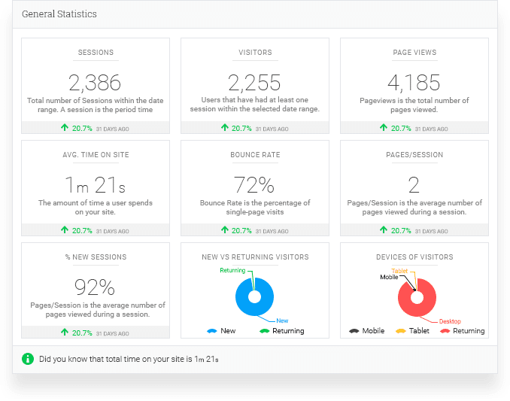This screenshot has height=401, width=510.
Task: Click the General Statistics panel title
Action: pyautogui.click(x=59, y=14)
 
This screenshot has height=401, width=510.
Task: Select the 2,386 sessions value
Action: pyautogui.click(x=95, y=82)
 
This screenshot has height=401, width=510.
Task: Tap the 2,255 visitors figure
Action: pyautogui.click(x=254, y=82)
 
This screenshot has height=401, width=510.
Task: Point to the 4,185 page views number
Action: pyautogui.click(x=414, y=82)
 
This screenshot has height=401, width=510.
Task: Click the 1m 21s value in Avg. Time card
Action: pyautogui.click(x=95, y=184)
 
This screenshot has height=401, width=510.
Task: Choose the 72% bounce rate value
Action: pyautogui.click(x=254, y=184)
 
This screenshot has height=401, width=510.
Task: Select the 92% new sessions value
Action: pyautogui.click(x=95, y=287)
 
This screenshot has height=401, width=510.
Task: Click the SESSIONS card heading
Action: pyautogui.click(x=96, y=53)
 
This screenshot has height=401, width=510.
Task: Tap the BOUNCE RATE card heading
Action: pyautogui.click(x=254, y=155)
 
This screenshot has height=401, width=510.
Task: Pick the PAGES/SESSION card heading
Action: pyautogui.click(x=414, y=155)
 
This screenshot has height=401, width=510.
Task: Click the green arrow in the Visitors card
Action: pyautogui.click(x=224, y=129)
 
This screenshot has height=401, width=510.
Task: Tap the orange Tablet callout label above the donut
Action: pyautogui.click(x=399, y=271)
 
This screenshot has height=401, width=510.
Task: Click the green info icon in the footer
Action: pyautogui.click(x=28, y=358)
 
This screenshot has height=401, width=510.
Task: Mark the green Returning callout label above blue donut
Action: pyautogui.click(x=232, y=270)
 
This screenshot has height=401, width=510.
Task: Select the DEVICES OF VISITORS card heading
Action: pyautogui.click(x=414, y=257)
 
